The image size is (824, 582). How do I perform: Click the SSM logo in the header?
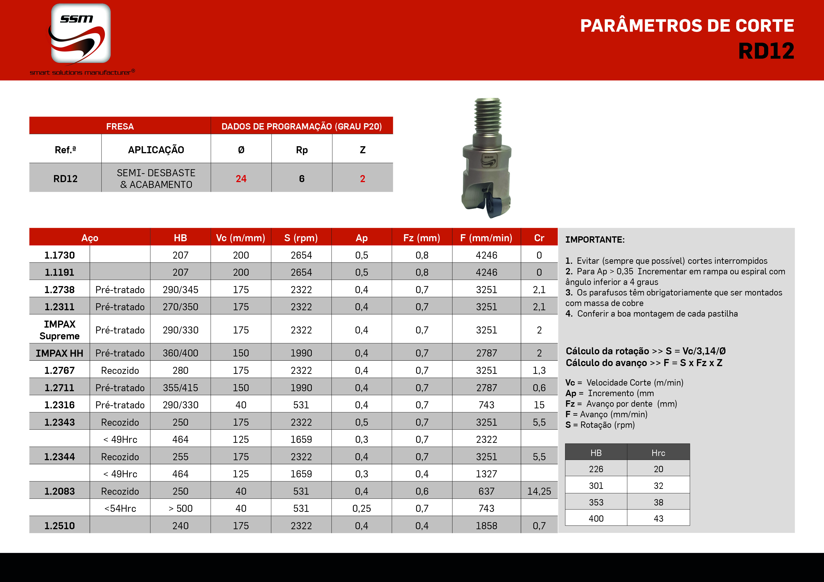(x=81, y=34)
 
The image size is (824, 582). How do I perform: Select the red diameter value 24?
(x=241, y=179)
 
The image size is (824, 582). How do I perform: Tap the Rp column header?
(x=301, y=150)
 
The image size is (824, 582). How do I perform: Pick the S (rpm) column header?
(x=301, y=238)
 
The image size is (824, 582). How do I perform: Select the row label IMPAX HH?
(x=60, y=353)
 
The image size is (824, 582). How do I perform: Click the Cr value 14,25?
(x=539, y=491)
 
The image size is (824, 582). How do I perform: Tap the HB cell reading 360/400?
(x=180, y=353)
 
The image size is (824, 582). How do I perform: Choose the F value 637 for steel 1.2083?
(x=486, y=491)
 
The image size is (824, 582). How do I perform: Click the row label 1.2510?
(x=60, y=526)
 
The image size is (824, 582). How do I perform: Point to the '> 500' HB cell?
(x=180, y=509)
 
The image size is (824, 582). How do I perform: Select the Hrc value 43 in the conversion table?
(x=658, y=519)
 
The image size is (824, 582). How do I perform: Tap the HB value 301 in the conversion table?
(x=596, y=486)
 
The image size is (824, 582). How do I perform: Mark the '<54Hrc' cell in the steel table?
(x=120, y=509)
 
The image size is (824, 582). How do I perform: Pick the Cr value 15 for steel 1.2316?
(x=539, y=405)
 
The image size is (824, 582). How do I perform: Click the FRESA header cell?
(x=120, y=126)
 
